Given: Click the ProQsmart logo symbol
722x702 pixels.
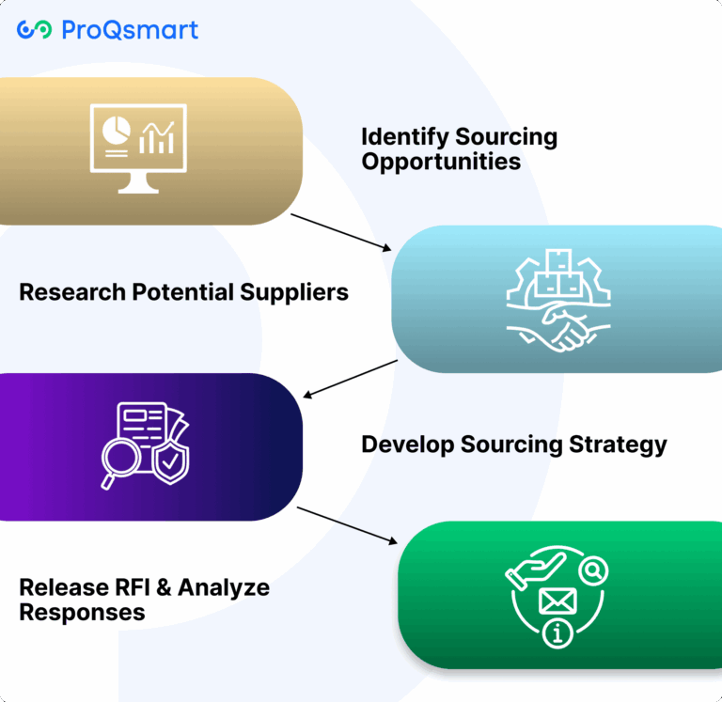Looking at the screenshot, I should [x=34, y=30].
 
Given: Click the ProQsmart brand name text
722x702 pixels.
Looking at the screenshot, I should [x=130, y=30].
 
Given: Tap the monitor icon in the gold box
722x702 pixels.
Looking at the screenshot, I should [x=138, y=148].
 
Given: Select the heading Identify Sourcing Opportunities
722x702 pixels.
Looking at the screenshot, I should [x=459, y=148].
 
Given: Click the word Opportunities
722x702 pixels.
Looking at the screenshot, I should [x=441, y=162].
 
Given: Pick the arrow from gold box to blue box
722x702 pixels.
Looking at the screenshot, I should [x=340, y=232].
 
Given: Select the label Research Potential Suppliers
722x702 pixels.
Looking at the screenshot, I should [x=183, y=292].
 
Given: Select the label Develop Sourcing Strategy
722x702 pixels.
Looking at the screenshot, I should [x=514, y=444].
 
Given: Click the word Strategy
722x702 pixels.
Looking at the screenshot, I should [x=620, y=444].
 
